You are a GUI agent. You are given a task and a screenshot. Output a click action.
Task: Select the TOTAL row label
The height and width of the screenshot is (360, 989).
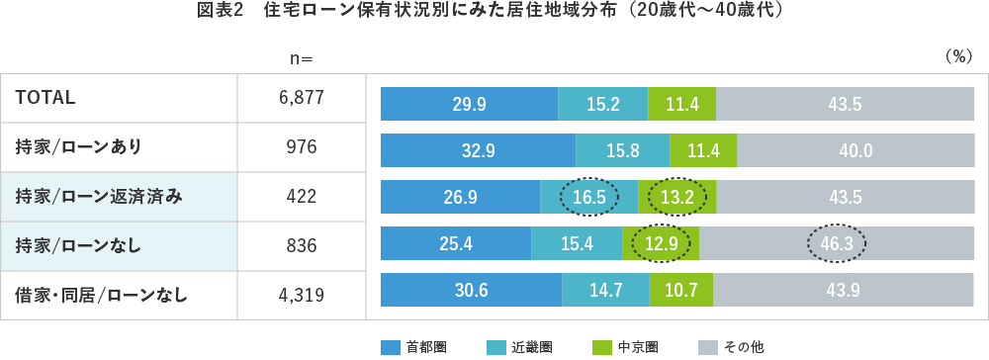tap(46, 97)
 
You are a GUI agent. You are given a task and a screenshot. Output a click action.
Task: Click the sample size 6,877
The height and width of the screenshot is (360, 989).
tap(301, 97)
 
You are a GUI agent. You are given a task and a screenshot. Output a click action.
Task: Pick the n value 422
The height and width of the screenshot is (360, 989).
tap(301, 196)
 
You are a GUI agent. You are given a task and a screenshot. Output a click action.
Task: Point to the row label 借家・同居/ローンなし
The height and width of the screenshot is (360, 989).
tap(102, 294)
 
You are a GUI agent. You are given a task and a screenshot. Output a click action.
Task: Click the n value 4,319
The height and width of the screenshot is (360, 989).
tap(301, 294)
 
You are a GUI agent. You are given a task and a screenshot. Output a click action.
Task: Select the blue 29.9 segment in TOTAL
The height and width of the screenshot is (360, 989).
tap(469, 104)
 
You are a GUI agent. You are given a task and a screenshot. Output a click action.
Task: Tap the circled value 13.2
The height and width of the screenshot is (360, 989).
tap(677, 197)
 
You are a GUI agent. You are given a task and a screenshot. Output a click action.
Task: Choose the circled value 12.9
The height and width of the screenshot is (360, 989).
tap(661, 243)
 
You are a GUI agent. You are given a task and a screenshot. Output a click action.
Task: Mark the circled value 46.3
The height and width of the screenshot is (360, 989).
tap(836, 243)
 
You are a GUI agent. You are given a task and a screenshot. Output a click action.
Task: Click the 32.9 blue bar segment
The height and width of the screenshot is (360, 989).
tap(478, 151)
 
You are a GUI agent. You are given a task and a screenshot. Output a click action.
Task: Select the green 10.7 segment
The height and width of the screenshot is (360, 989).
tap(681, 290)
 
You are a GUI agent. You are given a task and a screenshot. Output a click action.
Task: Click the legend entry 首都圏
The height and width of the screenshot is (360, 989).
tap(415, 347)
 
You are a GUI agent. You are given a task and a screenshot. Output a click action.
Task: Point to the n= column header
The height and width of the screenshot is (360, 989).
tap(301, 58)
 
